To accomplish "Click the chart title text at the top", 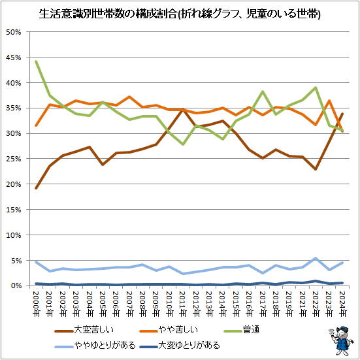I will click(180, 12).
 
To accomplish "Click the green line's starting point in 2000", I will click(36, 61).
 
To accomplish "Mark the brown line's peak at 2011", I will click(183, 110).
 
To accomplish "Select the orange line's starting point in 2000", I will click(36, 125).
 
